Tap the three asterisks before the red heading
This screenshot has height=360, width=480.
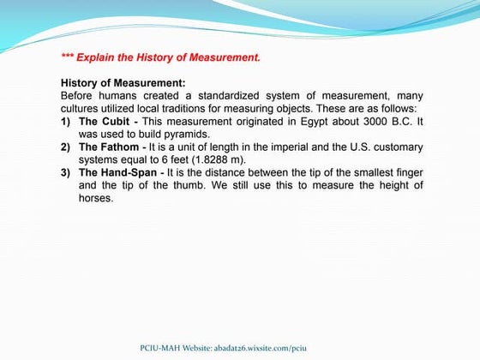(x=68, y=58)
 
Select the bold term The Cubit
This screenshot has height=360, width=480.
(x=105, y=122)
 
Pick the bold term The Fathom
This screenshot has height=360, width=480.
(x=110, y=147)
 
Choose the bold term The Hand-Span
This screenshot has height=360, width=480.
(x=119, y=172)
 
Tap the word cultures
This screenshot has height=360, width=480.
(x=81, y=109)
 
